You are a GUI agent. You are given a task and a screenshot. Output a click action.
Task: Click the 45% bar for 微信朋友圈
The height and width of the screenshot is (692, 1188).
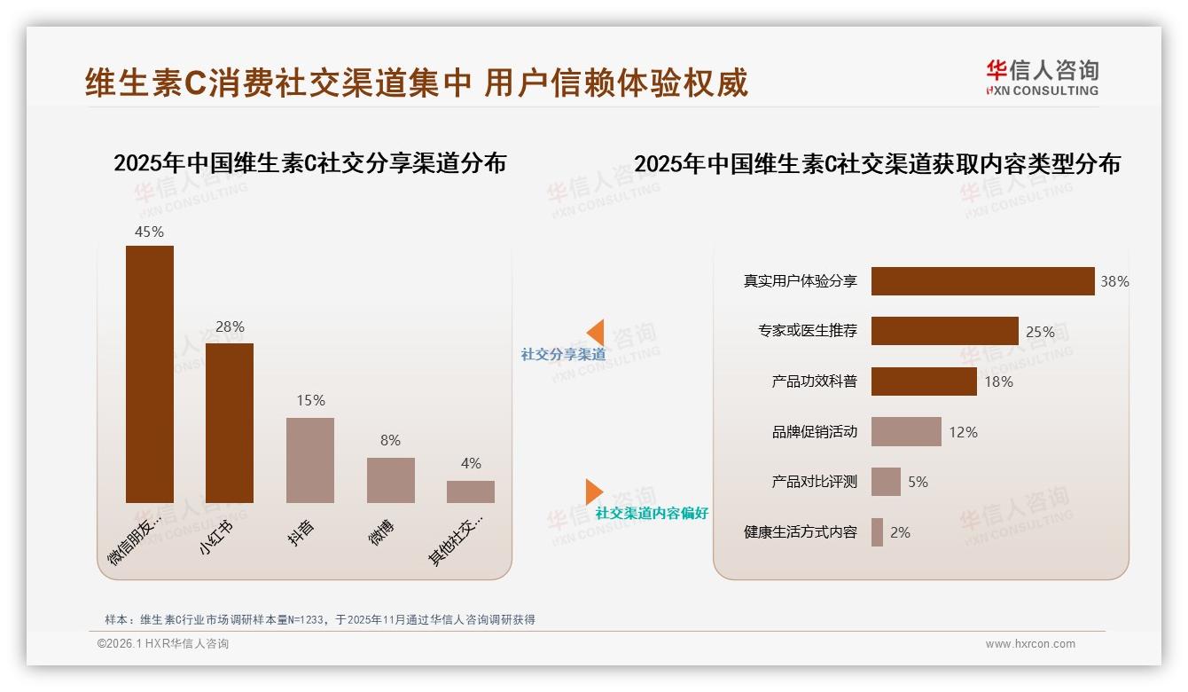pyautogui.click(x=150, y=374)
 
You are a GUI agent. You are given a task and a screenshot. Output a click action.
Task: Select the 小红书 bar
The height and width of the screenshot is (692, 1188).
pyautogui.click(x=230, y=422)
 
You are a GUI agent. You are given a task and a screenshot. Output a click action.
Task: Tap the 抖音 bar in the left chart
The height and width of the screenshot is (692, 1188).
pyautogui.click(x=310, y=460)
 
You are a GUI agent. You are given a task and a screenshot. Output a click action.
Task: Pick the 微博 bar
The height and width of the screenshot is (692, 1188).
pyautogui.click(x=390, y=480)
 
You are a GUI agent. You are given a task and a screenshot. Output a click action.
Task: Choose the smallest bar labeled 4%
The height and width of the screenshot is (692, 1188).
pyautogui.click(x=471, y=491)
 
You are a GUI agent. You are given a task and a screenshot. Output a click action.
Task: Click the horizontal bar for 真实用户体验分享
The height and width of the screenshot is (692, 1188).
pyautogui.click(x=982, y=281)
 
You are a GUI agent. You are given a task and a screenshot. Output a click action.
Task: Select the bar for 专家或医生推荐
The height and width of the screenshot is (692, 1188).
pyautogui.click(x=944, y=331)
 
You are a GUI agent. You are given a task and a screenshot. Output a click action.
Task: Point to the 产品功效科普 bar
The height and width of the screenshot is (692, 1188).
pyautogui.click(x=924, y=381)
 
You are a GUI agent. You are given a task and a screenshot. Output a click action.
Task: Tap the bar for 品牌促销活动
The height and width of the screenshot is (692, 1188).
pyautogui.click(x=906, y=432)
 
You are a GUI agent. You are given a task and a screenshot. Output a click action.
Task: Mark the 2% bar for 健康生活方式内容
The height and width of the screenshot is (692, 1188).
pyautogui.click(x=877, y=532)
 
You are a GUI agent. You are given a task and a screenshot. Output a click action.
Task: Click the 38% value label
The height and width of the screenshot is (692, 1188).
pyautogui.click(x=1114, y=281)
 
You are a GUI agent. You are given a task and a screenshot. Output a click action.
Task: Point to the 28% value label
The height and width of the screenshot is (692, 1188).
pyautogui.click(x=230, y=326)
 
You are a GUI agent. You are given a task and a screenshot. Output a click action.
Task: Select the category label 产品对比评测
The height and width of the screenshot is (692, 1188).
pyautogui.click(x=814, y=482)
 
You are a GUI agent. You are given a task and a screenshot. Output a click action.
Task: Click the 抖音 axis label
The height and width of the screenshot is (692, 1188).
pyautogui.click(x=301, y=532)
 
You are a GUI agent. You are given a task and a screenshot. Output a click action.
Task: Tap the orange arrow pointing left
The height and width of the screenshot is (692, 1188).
pyautogui.click(x=595, y=333)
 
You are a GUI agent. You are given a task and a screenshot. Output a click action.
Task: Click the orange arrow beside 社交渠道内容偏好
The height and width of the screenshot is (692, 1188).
pyautogui.click(x=594, y=491)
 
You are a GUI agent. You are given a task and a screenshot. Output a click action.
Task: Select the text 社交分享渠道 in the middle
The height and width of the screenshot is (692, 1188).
pyautogui.click(x=563, y=354)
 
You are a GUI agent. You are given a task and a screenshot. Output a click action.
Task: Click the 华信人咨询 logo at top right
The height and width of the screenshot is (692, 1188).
pyautogui.click(x=1042, y=78)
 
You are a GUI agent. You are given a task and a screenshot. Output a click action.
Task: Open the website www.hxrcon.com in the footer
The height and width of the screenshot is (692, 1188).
pyautogui.click(x=1030, y=644)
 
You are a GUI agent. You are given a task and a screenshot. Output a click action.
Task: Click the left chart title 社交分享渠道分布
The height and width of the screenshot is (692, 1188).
pyautogui.click(x=309, y=163)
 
